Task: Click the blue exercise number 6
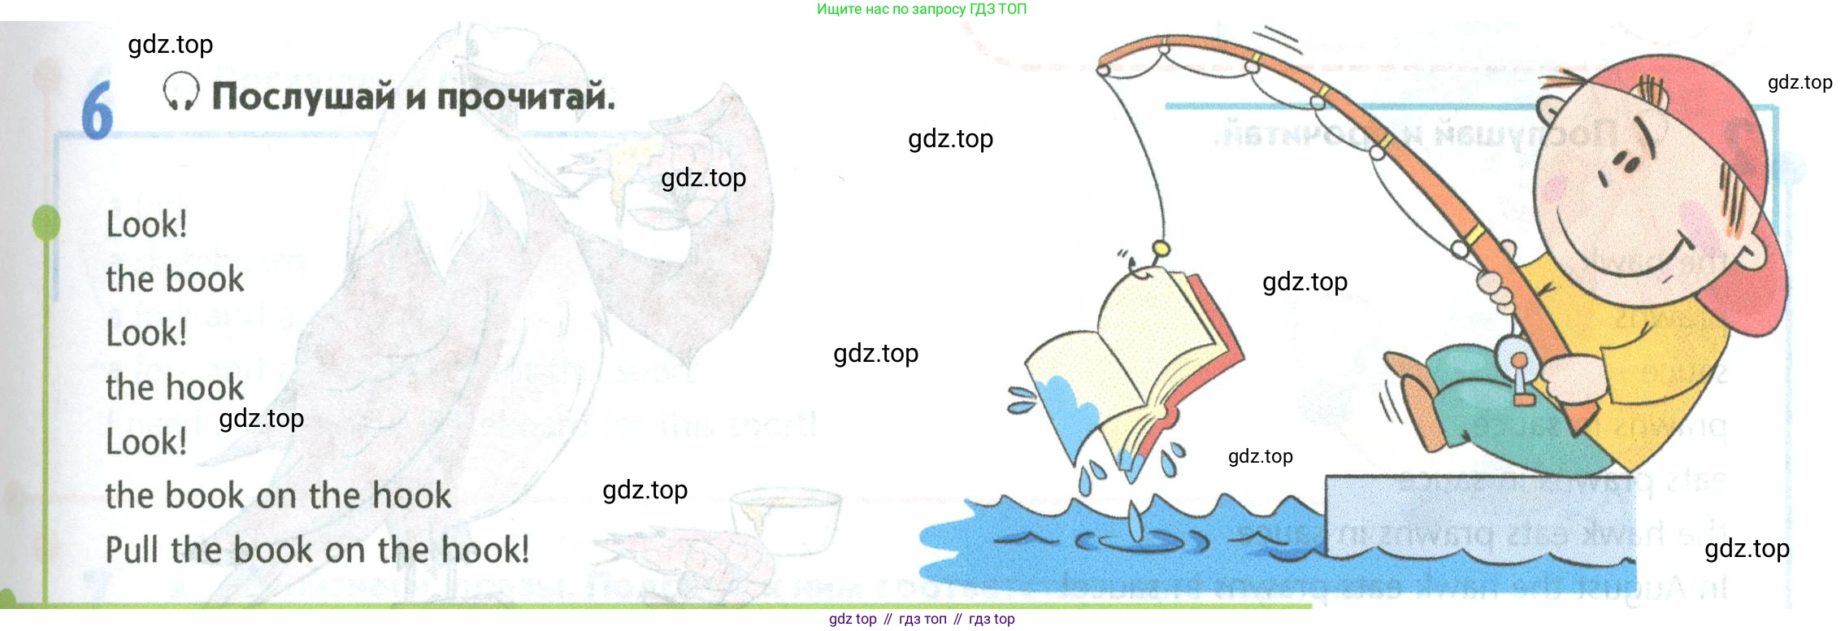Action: point(97,111)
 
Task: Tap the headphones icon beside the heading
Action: point(180,91)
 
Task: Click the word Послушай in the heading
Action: point(304,96)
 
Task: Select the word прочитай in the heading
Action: point(525,98)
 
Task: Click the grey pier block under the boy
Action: point(1479,516)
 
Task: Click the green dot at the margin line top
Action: point(46,223)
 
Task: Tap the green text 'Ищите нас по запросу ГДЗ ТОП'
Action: point(922,9)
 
